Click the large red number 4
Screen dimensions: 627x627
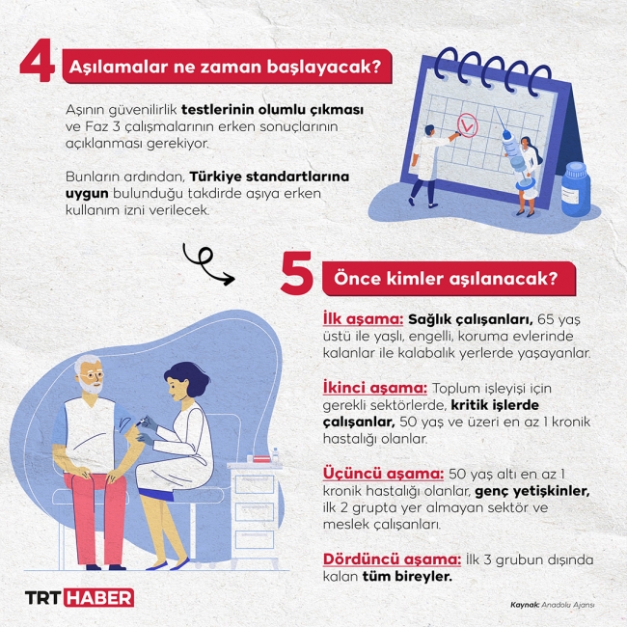click(38, 61)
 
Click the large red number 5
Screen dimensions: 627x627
click(296, 273)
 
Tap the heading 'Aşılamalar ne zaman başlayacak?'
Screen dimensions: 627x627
click(226, 68)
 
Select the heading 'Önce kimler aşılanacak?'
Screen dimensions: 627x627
click(446, 279)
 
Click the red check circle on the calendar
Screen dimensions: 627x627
click(468, 125)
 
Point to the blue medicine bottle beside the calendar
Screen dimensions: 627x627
click(576, 189)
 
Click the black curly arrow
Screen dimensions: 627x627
click(207, 264)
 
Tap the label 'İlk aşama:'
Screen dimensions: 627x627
click(363, 319)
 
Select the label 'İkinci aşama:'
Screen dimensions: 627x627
click(374, 389)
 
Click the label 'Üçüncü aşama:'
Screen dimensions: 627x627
click(383, 474)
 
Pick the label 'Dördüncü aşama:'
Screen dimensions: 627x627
click(392, 559)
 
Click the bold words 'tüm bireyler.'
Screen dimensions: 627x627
click(407, 577)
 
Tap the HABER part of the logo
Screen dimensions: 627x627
click(99, 598)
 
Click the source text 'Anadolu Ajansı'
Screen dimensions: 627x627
click(568, 605)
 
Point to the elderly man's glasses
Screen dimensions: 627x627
click(92, 375)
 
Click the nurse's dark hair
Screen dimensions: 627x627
click(186, 377)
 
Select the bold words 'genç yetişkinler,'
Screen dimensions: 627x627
click(532, 491)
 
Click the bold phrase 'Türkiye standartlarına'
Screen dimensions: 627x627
click(269, 177)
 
